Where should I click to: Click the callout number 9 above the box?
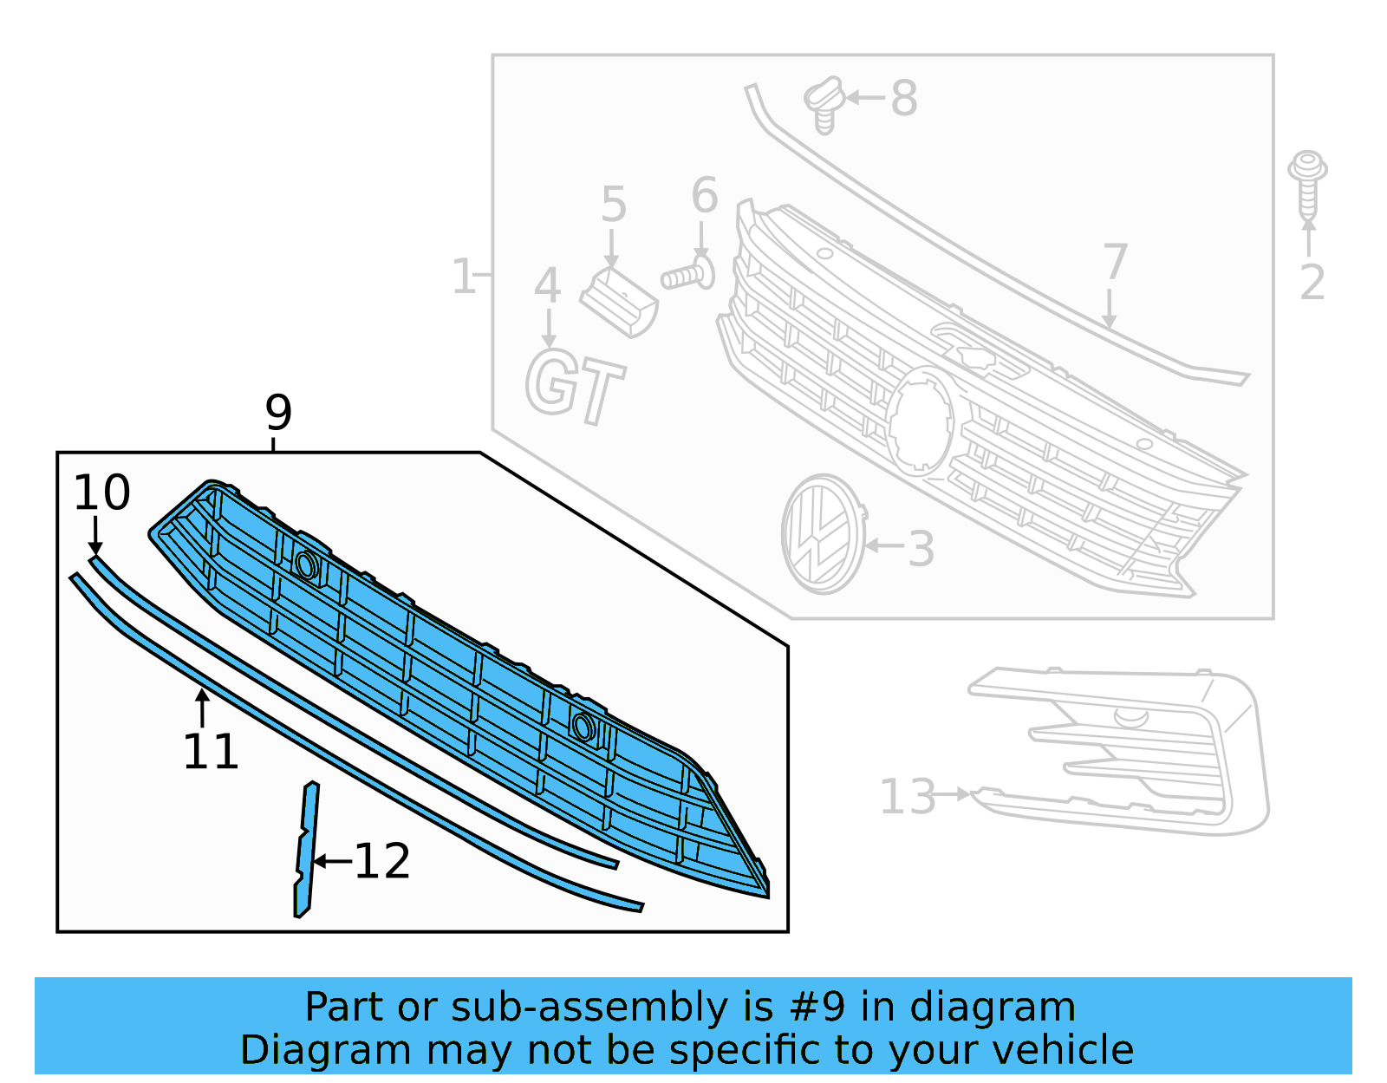[x=278, y=413]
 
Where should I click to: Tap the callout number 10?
[x=101, y=493]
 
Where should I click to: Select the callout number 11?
[x=211, y=752]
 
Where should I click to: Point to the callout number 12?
[x=382, y=862]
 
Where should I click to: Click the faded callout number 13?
[x=908, y=796]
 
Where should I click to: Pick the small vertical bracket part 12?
[x=305, y=850]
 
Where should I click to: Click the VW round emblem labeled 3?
[x=822, y=534]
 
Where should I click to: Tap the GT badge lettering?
[x=574, y=385]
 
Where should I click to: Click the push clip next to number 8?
[x=824, y=103]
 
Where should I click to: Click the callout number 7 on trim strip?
[x=1115, y=262]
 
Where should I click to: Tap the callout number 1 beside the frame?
[x=464, y=277]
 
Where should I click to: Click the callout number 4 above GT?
[x=547, y=285]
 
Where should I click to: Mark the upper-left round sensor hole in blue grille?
[x=306, y=565]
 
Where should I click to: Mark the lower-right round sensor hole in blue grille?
[x=583, y=727]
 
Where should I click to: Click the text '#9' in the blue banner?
[x=816, y=1008]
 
